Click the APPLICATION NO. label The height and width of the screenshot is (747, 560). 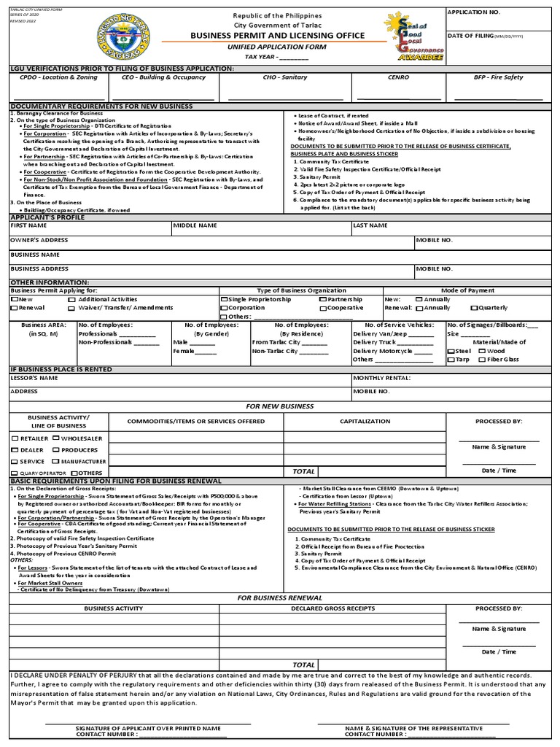(x=474, y=13)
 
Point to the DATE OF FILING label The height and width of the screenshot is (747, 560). (x=470, y=36)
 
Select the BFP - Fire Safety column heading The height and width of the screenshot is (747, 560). (x=499, y=76)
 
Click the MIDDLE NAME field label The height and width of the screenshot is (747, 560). (x=195, y=225)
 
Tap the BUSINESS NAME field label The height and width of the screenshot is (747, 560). (x=34, y=255)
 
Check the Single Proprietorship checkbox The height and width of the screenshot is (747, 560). (x=224, y=300)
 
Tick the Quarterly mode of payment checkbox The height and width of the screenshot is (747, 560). (x=474, y=308)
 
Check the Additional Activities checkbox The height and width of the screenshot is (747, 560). (x=71, y=300)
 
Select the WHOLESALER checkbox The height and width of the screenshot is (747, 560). (x=56, y=438)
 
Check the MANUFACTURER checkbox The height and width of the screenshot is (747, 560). (x=55, y=462)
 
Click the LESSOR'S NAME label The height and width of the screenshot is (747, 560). (x=34, y=378)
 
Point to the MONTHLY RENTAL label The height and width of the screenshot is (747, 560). (x=381, y=378)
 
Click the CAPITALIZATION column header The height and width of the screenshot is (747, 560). (x=365, y=421)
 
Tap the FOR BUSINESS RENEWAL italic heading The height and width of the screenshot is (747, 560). (x=280, y=597)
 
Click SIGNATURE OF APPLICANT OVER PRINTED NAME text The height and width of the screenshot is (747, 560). (x=148, y=728)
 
